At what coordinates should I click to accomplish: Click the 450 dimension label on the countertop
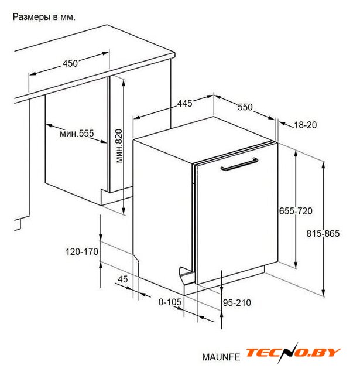click(70, 63)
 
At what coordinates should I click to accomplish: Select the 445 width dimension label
click(184, 104)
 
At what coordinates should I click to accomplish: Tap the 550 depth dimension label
click(245, 107)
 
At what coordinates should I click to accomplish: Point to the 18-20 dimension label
click(306, 125)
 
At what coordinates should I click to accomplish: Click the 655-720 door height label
click(296, 211)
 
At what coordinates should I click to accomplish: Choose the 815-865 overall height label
click(323, 233)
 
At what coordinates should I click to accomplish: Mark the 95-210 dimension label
click(237, 303)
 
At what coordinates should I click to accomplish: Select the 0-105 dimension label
click(170, 302)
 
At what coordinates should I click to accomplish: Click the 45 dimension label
click(123, 279)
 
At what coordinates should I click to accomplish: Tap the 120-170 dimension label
click(82, 251)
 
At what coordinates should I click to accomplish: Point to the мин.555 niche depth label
click(77, 134)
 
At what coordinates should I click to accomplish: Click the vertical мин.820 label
click(119, 146)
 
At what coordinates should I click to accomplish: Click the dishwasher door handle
click(239, 165)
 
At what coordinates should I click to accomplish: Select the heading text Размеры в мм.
click(44, 17)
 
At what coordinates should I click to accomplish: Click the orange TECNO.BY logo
click(293, 353)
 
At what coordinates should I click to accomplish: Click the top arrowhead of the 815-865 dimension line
click(323, 165)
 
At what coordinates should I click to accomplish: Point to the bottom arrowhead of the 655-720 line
click(296, 265)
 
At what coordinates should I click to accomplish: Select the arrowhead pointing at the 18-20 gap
click(283, 124)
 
